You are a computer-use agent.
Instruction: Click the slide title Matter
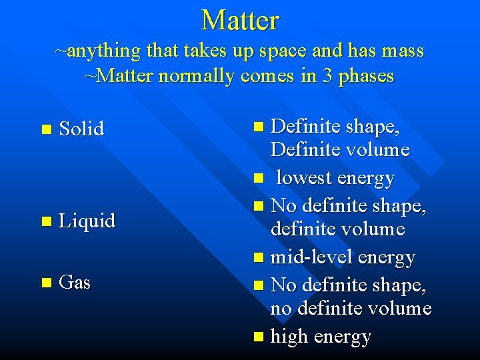(x=240, y=20)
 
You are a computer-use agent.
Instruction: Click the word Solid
(x=81, y=129)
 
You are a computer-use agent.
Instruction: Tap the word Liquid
(x=87, y=221)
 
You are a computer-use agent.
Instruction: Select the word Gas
(x=75, y=283)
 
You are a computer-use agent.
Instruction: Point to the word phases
(x=366, y=77)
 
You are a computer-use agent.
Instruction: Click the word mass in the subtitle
(x=403, y=51)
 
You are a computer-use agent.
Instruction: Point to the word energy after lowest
(x=367, y=179)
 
